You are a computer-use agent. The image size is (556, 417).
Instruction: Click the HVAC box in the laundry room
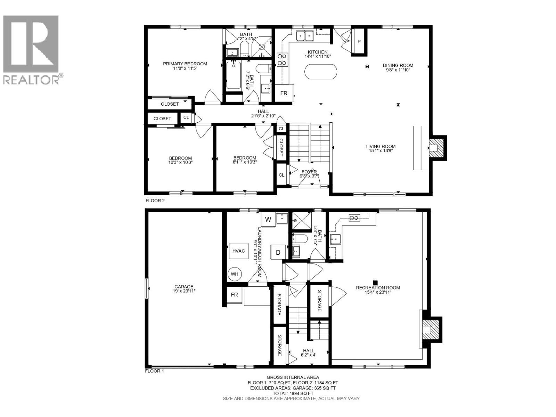[x=239, y=251]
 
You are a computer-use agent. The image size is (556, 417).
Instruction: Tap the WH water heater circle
[x=235, y=274]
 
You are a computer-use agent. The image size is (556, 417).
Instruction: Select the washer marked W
[x=268, y=219]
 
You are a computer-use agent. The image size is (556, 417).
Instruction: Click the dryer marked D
[x=278, y=252]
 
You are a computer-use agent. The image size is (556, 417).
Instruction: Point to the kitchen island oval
[x=320, y=72]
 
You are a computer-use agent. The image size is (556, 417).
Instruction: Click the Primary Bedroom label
[x=185, y=64]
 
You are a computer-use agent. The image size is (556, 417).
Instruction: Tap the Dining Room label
[x=398, y=65]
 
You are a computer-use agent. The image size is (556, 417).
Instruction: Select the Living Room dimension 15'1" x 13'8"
[x=381, y=151]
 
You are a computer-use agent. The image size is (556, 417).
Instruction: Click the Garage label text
[x=184, y=287]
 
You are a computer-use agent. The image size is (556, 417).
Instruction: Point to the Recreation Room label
[x=378, y=287]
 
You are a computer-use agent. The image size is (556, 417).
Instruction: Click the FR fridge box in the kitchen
[x=284, y=93]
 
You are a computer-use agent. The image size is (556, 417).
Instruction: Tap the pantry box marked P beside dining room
[x=359, y=42]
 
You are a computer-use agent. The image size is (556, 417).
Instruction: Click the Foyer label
[x=309, y=172]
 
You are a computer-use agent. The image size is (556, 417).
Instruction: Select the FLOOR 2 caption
[x=155, y=201]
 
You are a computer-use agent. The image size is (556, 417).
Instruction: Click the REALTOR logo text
[x=31, y=80]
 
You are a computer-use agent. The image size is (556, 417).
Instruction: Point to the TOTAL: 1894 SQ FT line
[x=293, y=393]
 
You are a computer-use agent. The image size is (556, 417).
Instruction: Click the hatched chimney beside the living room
[x=438, y=147]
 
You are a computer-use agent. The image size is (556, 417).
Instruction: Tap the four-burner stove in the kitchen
[x=282, y=59]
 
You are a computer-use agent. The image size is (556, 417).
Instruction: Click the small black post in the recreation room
[x=375, y=283]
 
